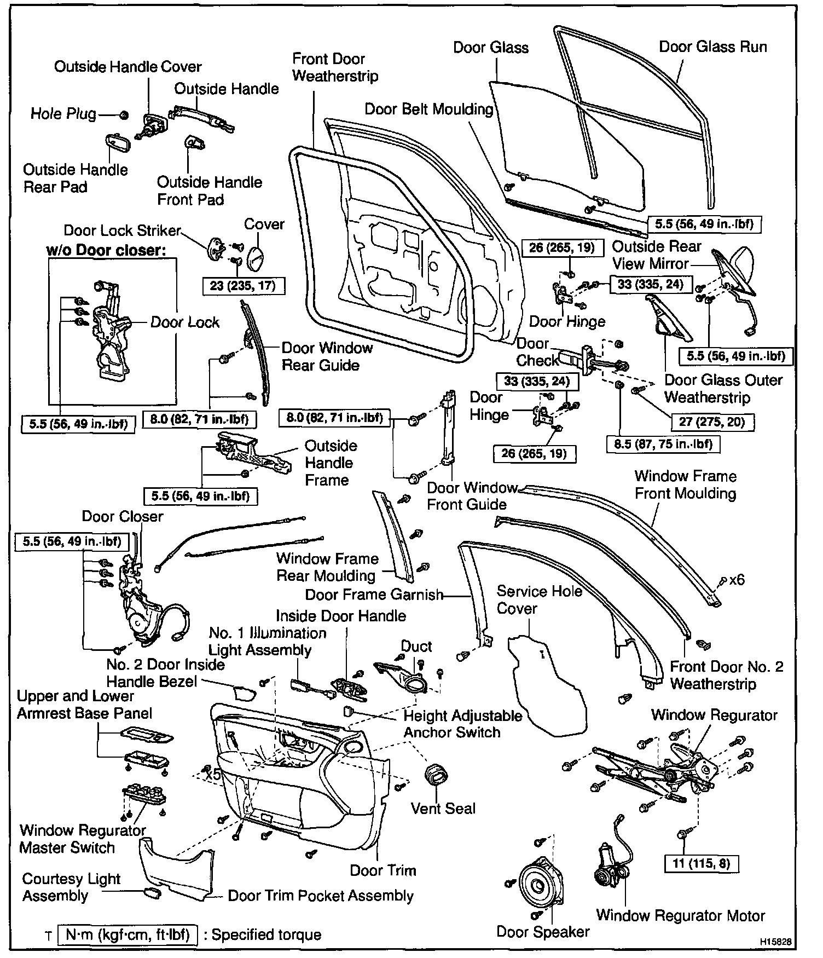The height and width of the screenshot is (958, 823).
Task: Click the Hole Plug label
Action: click(x=63, y=114)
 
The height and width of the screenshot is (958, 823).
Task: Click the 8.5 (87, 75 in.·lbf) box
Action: click(x=663, y=443)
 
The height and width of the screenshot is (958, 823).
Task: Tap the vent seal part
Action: click(x=437, y=776)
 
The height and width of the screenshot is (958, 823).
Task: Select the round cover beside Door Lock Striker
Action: click(x=256, y=258)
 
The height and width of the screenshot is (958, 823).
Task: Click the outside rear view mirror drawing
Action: click(x=736, y=271)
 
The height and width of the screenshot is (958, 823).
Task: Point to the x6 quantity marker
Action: click(x=737, y=580)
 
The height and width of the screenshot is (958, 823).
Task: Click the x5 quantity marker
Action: click(x=211, y=775)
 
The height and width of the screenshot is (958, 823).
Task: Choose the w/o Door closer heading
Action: click(x=106, y=251)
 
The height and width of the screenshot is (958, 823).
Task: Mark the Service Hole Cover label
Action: click(x=539, y=599)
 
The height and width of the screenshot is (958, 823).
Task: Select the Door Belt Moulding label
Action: click(x=429, y=109)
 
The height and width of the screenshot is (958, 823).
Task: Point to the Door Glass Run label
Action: click(x=712, y=47)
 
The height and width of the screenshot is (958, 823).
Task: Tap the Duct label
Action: click(x=416, y=647)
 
